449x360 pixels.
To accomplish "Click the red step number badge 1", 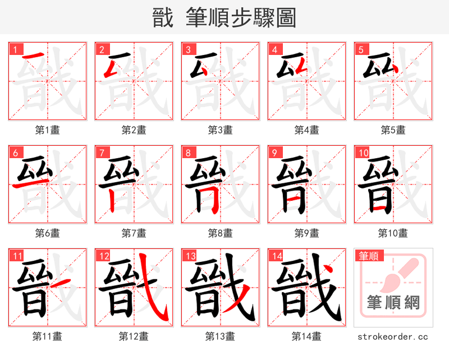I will (14, 49).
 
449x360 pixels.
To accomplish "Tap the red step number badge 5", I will (360, 49).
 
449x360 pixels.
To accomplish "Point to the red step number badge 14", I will (276, 256).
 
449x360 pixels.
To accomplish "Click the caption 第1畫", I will (48, 130).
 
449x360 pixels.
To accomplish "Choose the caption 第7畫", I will (134, 233).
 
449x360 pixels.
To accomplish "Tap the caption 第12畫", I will (134, 336).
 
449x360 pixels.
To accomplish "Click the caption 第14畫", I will (307, 336).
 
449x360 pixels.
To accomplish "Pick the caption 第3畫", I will (221, 130).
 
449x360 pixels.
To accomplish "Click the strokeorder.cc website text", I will (393, 337).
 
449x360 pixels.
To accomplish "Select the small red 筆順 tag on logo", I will (368, 256).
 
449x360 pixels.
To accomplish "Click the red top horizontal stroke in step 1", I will (34, 55).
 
